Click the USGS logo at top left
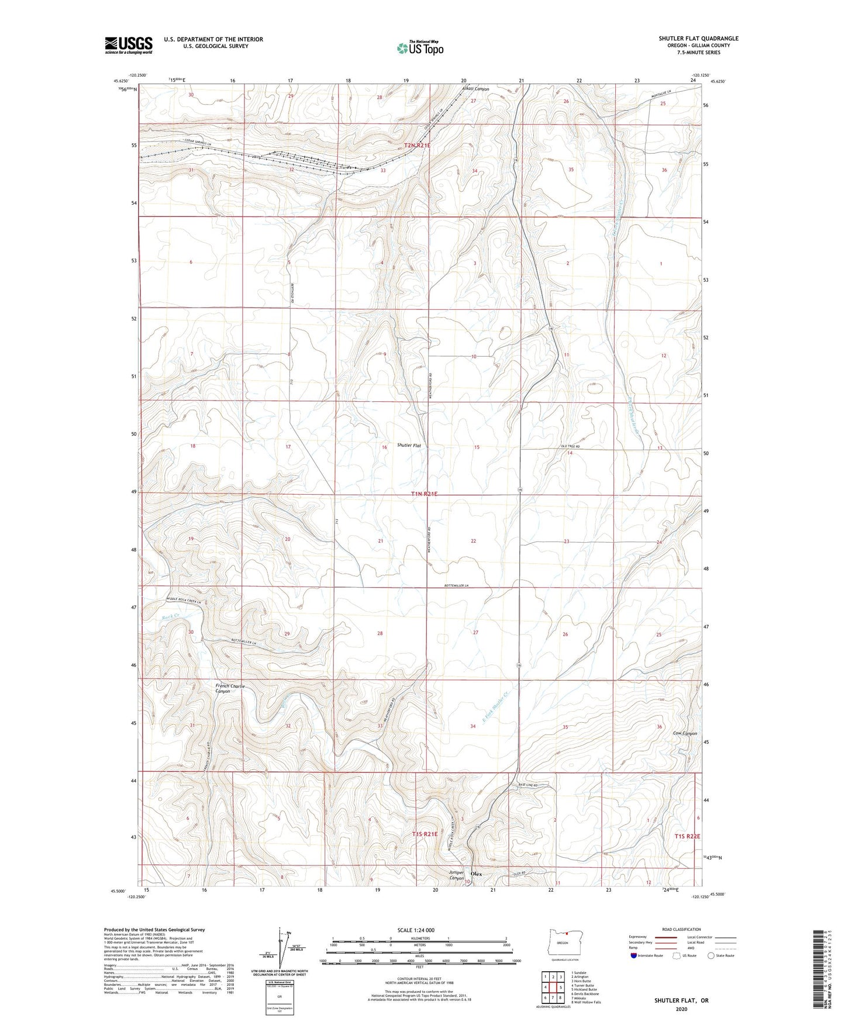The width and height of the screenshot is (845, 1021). [128, 45]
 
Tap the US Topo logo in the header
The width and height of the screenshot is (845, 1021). [420, 48]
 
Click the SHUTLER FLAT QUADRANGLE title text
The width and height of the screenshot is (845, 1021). [698, 39]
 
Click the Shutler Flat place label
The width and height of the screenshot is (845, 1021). [409, 446]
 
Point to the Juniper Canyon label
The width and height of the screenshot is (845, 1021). [456, 875]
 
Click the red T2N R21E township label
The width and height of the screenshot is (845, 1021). [417, 145]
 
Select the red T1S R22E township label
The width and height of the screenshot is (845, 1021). [687, 836]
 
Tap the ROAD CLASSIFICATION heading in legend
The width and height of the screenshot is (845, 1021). [682, 929]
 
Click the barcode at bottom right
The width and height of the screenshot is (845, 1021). [819, 971]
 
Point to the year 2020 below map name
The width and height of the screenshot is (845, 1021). [681, 1009]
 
